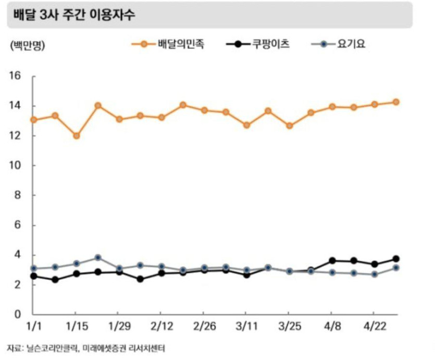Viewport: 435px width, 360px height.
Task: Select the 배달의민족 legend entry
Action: point(180,44)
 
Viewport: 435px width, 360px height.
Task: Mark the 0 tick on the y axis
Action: point(17,315)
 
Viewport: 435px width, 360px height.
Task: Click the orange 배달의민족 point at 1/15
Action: point(76,136)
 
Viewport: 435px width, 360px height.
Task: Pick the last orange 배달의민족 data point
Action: point(396,102)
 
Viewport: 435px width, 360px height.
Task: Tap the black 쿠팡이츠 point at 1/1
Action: point(34,276)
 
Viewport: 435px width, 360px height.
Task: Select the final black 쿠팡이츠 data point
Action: point(396,259)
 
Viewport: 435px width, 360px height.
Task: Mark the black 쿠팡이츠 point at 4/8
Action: point(332,260)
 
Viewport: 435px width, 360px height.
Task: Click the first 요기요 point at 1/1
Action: point(34,269)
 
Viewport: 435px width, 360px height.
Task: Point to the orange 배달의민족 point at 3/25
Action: point(290,126)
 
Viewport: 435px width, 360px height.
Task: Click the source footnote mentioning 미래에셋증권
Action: point(89,347)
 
